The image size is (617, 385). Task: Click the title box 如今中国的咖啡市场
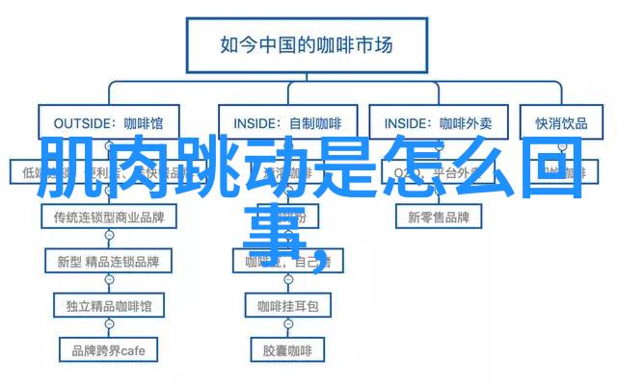[307, 44]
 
